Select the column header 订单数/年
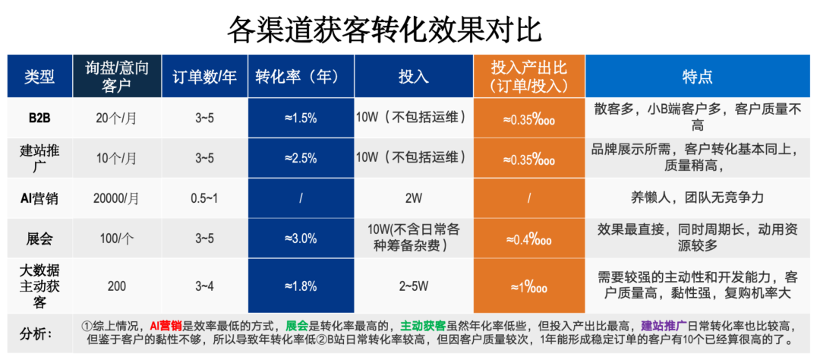click(204, 76)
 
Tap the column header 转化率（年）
click(301, 76)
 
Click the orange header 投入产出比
click(528, 76)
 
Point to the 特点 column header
click(697, 76)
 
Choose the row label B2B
click(39, 118)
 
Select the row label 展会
click(39, 238)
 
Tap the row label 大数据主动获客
click(39, 286)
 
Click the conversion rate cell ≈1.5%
click(301, 118)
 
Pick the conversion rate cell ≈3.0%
click(301, 238)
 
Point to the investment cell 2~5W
click(413, 286)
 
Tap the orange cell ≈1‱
click(528, 286)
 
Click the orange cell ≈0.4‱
click(528, 239)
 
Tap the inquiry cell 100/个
click(118, 238)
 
